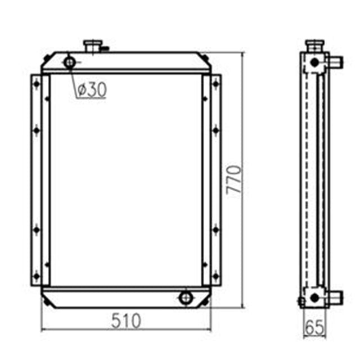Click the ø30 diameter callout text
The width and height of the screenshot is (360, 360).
point(91,90)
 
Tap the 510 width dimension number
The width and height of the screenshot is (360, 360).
point(126,321)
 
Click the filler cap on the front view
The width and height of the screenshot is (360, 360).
point(92,45)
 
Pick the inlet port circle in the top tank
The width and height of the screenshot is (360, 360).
point(70,62)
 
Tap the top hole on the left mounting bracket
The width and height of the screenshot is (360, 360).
point(37,84)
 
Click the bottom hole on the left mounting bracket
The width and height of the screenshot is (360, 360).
point(37,276)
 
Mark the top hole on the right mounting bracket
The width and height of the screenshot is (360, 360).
point(215,84)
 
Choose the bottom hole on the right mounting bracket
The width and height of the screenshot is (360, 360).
point(215,276)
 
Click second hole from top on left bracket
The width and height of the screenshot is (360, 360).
point(37,130)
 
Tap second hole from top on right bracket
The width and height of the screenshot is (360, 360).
point(215,130)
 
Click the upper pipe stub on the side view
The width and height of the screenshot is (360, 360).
point(334,60)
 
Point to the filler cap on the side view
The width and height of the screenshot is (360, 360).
point(314,44)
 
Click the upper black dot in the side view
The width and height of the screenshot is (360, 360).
point(314,62)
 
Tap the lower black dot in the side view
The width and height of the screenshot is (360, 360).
point(314,296)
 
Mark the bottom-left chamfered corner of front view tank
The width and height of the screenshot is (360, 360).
point(47,303)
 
